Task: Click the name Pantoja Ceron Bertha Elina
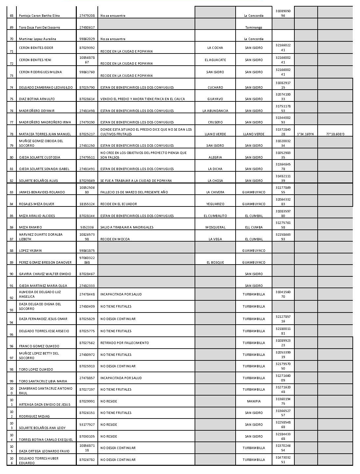click(39, 16)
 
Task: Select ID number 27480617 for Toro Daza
click(87, 28)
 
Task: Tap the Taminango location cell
click(254, 28)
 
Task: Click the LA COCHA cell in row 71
click(215, 48)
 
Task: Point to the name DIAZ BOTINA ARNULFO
click(37, 99)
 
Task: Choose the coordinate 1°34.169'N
click(306, 134)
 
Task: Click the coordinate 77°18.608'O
click(335, 134)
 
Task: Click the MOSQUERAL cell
click(215, 227)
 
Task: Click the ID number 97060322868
click(87, 260)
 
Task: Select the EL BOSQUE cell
click(215, 262)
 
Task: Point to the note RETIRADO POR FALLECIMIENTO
click(125, 343)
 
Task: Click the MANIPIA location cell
click(254, 401)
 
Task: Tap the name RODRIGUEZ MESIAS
click(34, 416)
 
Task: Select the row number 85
click(12, 216)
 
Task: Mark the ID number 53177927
click(87, 424)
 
